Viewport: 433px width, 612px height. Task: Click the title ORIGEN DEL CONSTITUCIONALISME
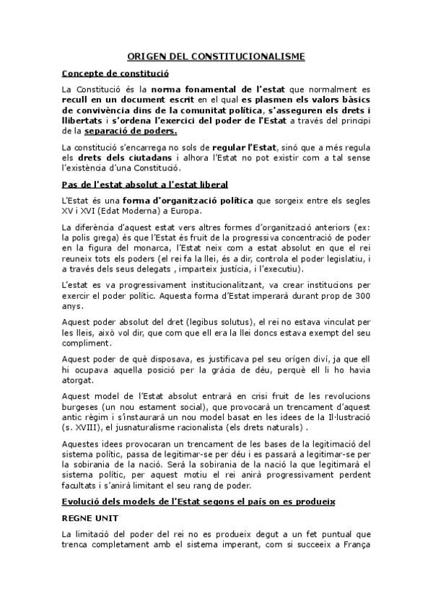click(216, 56)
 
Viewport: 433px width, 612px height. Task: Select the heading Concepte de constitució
click(115, 73)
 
